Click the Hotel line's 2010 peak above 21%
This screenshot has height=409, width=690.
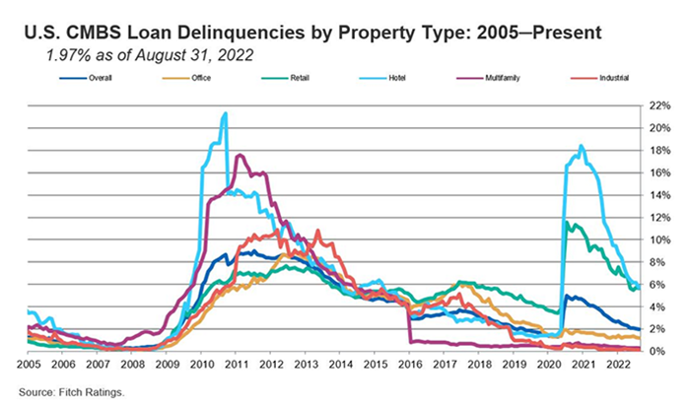click(226, 113)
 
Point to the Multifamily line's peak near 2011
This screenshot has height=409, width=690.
click(239, 155)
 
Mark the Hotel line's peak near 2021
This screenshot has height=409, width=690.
click(582, 146)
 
